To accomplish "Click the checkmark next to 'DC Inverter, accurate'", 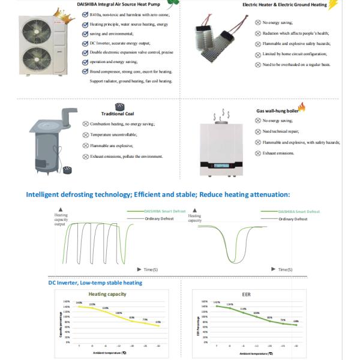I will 86,44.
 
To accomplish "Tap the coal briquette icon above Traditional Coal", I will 119,106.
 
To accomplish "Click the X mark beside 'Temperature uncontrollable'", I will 86,134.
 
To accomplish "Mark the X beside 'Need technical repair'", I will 258,131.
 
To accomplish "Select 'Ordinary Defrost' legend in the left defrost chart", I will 158,219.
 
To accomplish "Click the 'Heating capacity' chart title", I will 107,295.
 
